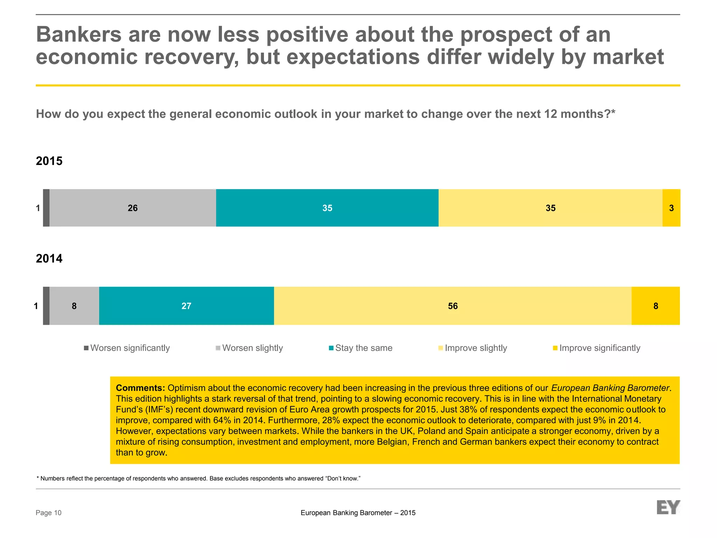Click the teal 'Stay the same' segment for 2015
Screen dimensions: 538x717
click(x=327, y=208)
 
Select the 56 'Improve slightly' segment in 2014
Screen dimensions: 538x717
click(x=452, y=306)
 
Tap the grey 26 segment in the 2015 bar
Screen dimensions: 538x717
click(x=132, y=208)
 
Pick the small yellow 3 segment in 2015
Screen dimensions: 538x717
click(x=671, y=208)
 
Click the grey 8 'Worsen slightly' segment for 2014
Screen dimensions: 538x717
click(x=74, y=306)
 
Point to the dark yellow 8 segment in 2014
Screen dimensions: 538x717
click(x=655, y=306)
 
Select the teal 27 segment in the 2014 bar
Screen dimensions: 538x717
click(x=186, y=306)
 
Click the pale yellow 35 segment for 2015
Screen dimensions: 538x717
click(x=550, y=208)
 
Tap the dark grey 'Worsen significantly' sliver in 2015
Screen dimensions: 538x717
click(x=46, y=208)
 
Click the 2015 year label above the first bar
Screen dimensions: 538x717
click(x=49, y=161)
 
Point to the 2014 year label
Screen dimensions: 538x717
click(x=49, y=258)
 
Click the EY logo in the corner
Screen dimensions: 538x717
click(x=668, y=507)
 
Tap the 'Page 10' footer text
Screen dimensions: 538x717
click(x=49, y=513)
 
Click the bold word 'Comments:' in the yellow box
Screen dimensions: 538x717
click(x=140, y=388)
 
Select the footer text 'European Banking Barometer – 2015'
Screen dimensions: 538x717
click(x=358, y=513)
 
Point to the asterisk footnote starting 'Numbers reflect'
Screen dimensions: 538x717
click(x=198, y=478)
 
